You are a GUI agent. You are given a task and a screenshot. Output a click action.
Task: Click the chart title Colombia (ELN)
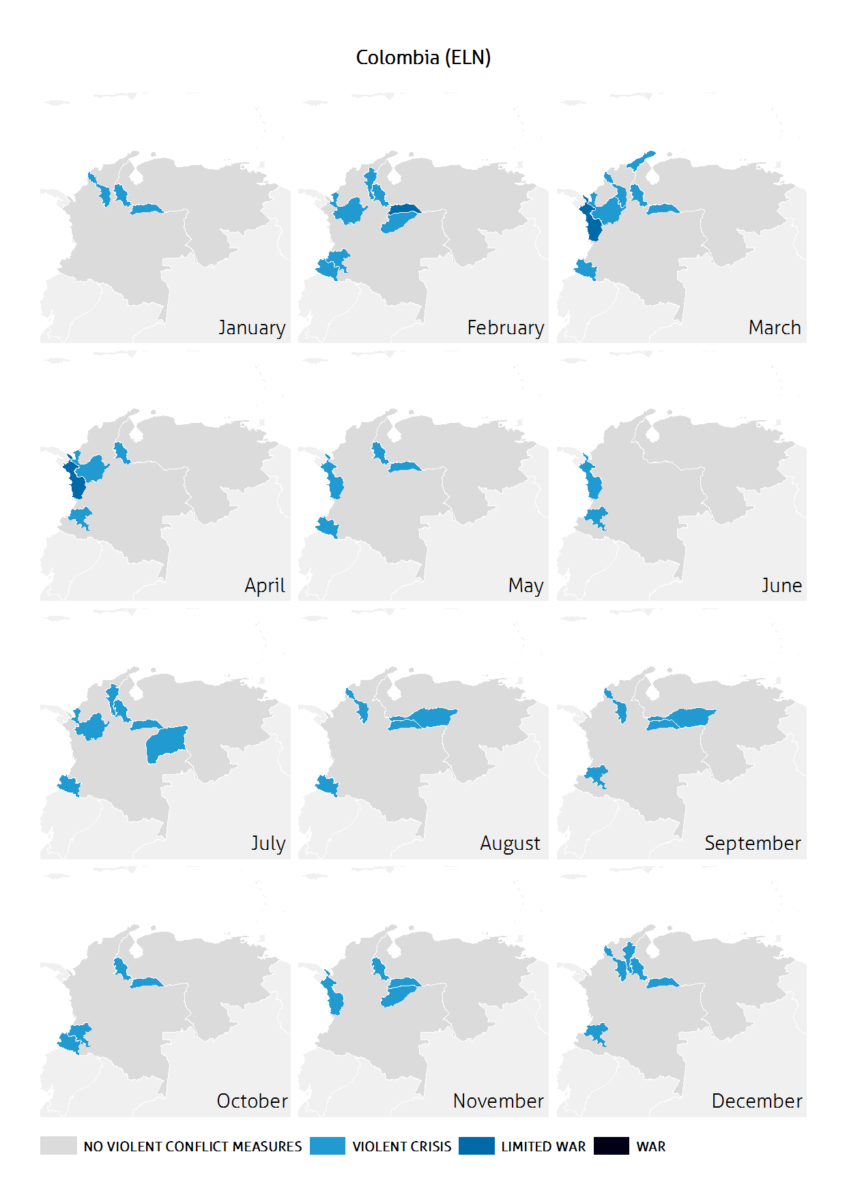423,57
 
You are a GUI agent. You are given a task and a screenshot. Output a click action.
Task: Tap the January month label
251,328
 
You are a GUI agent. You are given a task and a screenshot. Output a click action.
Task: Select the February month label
505,328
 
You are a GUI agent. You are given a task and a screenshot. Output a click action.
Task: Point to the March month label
774,328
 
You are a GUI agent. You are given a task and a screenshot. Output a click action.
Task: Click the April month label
265,586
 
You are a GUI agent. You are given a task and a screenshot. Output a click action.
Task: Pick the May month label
526,586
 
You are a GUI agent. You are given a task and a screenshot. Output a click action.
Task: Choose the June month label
781,586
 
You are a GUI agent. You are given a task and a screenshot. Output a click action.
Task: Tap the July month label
268,844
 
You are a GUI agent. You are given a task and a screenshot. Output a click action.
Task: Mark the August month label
510,844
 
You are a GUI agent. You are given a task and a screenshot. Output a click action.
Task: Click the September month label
752,844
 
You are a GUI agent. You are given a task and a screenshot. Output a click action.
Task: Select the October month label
252,1102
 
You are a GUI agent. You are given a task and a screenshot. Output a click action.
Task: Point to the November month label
498,1102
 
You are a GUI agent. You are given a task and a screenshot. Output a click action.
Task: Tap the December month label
756,1102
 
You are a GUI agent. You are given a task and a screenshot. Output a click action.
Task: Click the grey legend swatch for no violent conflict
58,1146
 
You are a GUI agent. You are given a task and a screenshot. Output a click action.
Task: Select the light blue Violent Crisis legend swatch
327,1146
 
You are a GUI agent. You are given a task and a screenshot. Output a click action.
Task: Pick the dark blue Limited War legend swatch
476,1146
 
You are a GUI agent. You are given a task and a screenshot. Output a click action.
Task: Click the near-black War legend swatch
611,1146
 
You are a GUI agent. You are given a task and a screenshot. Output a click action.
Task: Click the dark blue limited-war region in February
405,209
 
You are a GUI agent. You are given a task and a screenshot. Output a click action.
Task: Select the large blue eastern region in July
166,743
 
